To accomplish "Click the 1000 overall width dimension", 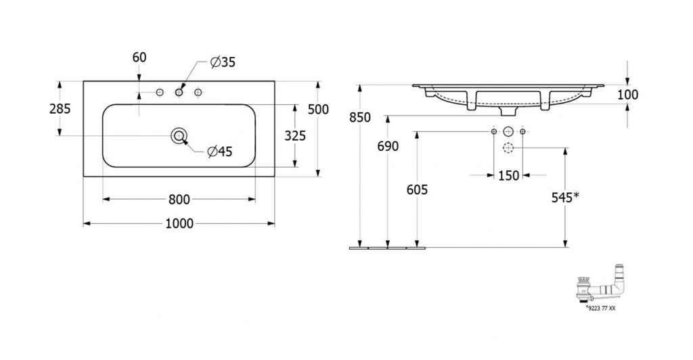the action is tap(179, 224).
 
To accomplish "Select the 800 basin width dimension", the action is tap(179, 200).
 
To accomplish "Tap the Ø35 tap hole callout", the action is tap(223, 63).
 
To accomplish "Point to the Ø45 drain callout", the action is tap(220, 152).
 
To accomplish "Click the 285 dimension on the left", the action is tap(60, 109).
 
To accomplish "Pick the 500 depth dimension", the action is tap(318, 109).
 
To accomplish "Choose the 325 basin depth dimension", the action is tap(295, 135).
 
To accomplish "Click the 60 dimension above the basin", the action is tap(139, 58).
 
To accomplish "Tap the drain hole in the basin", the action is tap(179, 135).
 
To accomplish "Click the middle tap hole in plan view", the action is tap(179, 92).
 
